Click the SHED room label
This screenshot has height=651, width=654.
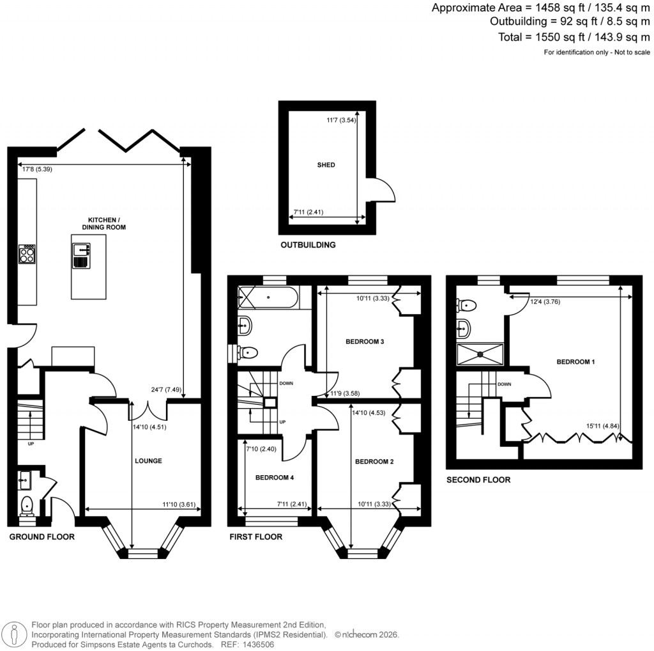pos(326,165)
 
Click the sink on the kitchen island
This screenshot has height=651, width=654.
pos(81,249)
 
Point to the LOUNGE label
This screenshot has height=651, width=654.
pos(148,460)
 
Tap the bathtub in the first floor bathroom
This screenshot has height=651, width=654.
pos(267,297)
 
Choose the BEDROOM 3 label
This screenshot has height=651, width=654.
pos(365,342)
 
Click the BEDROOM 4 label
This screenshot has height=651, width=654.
pos(274,478)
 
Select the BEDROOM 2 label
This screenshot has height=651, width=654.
pos(374,462)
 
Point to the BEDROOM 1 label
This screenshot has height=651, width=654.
pos(575,362)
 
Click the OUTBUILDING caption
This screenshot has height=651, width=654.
pos(308,245)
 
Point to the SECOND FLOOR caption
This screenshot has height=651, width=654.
pos(478,480)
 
